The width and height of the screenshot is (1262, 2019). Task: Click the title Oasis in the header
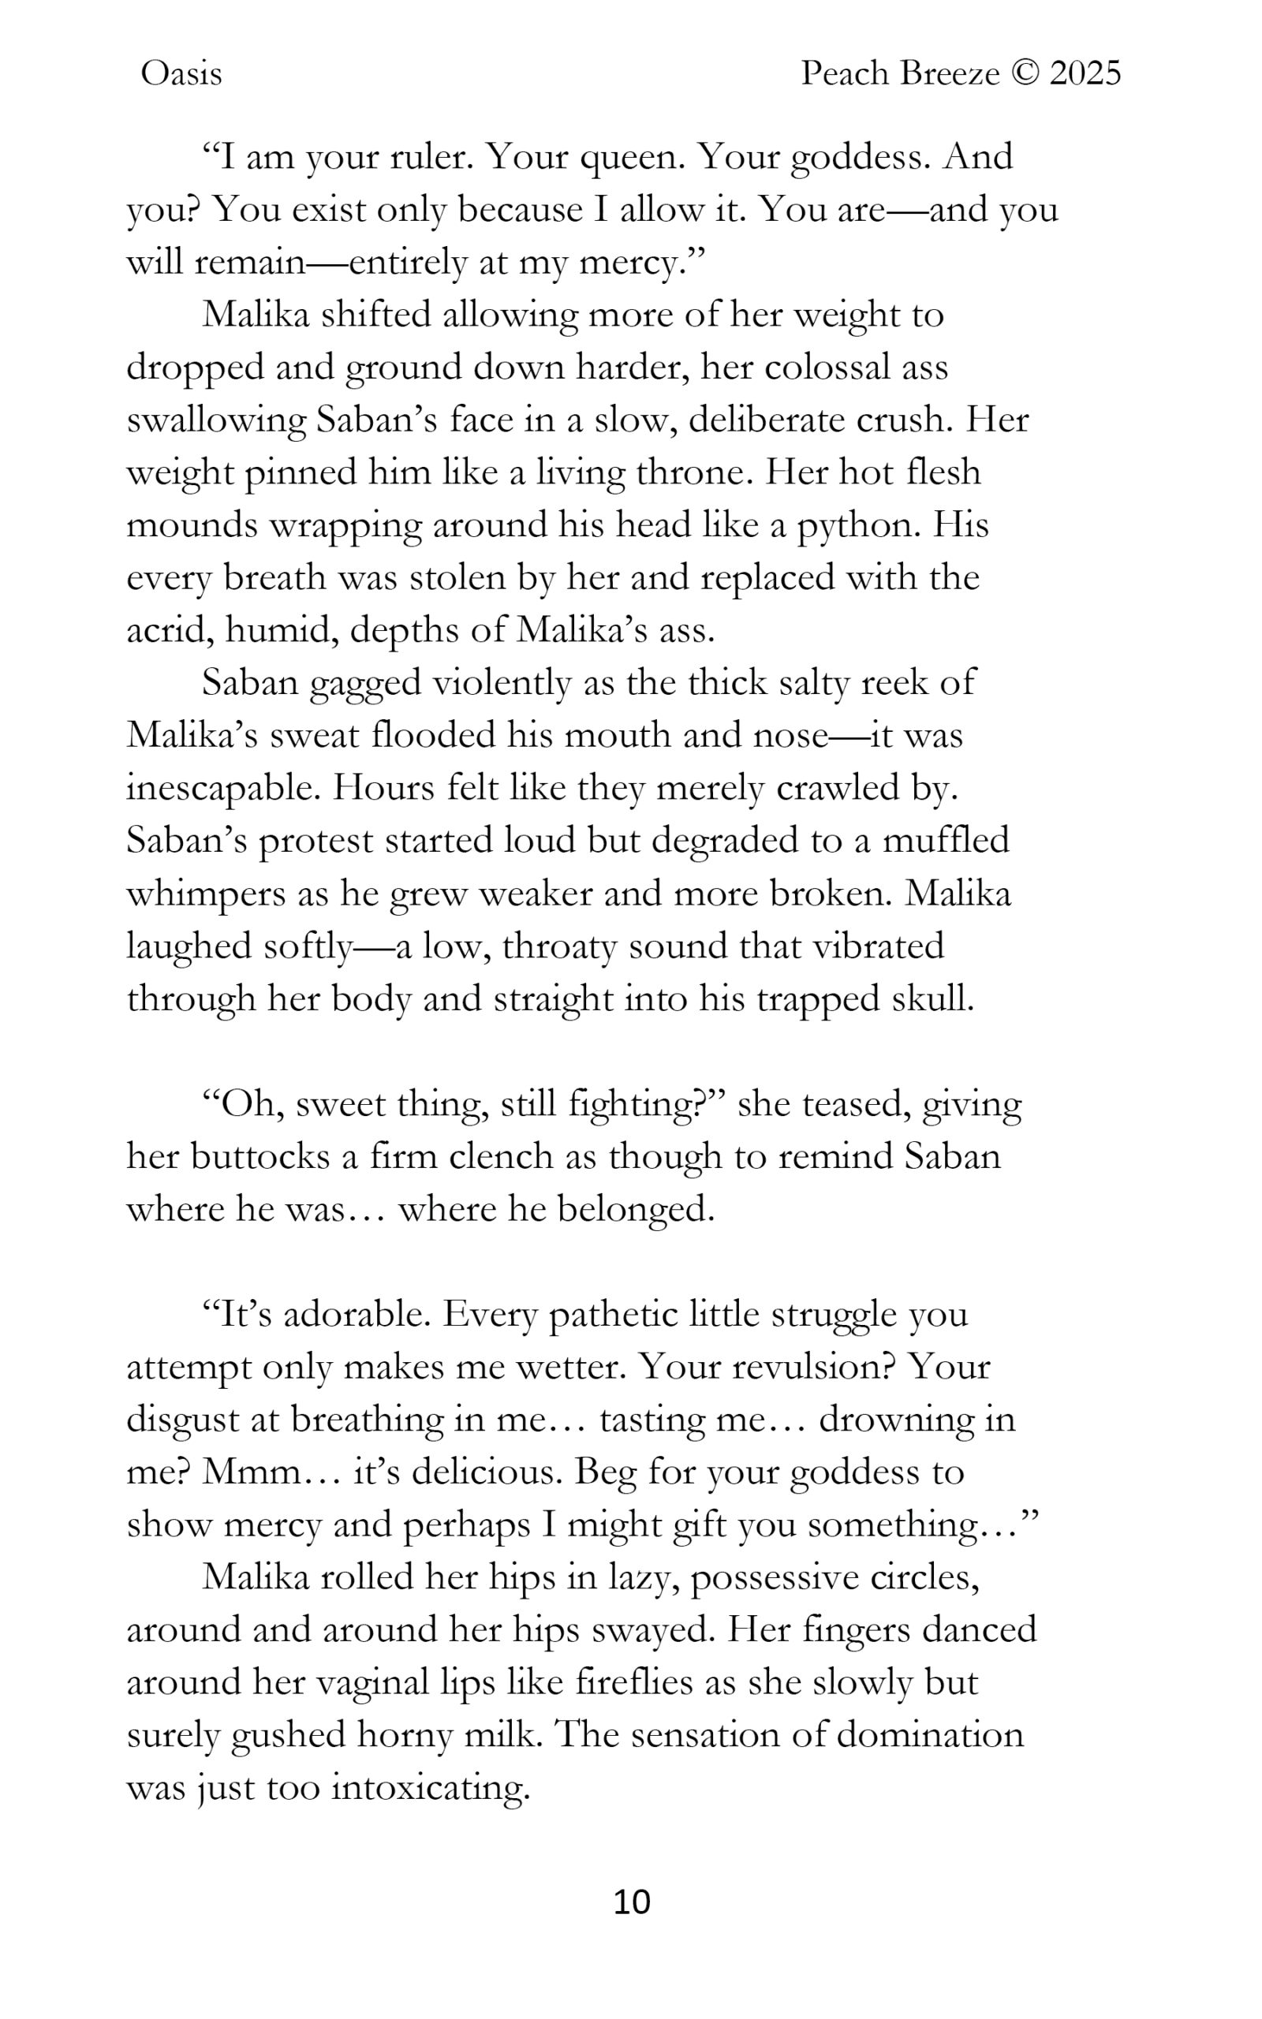click(x=181, y=74)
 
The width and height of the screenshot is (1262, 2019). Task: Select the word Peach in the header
click(x=845, y=74)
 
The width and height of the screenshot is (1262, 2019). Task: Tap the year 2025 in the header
click(x=1085, y=74)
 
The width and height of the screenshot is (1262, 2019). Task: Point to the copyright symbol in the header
click(x=1024, y=74)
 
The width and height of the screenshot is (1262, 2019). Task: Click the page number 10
click(x=631, y=1901)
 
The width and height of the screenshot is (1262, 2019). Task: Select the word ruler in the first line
click(x=432, y=157)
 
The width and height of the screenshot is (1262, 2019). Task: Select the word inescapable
click(x=224, y=789)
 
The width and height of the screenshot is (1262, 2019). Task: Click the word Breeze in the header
click(x=950, y=74)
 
